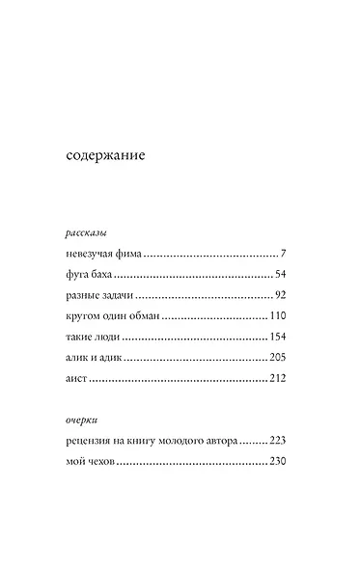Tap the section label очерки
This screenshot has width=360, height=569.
pyautogui.click(x=81, y=420)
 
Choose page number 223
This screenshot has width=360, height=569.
pyautogui.click(x=278, y=442)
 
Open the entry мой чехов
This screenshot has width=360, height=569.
pyautogui.click(x=91, y=463)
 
